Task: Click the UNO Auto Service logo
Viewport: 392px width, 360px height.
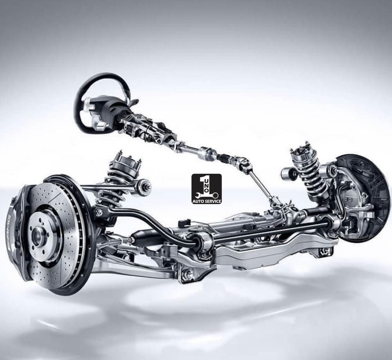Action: pyautogui.click(x=207, y=189)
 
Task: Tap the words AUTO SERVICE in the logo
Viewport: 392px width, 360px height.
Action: pyautogui.click(x=207, y=201)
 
